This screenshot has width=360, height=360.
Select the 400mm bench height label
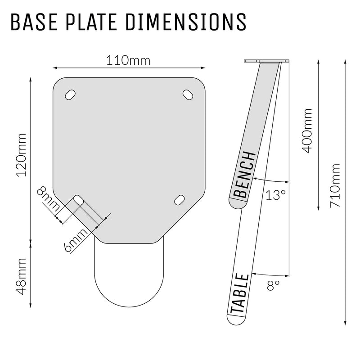click(307, 130)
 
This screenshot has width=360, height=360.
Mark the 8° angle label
click(273, 284)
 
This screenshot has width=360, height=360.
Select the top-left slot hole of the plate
click(71, 94)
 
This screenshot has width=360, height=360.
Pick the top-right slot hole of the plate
click(188, 94)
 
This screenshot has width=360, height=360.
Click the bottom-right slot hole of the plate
click(179, 199)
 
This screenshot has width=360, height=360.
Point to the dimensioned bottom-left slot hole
click(79, 199)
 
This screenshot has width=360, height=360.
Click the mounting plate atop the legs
click(266, 61)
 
